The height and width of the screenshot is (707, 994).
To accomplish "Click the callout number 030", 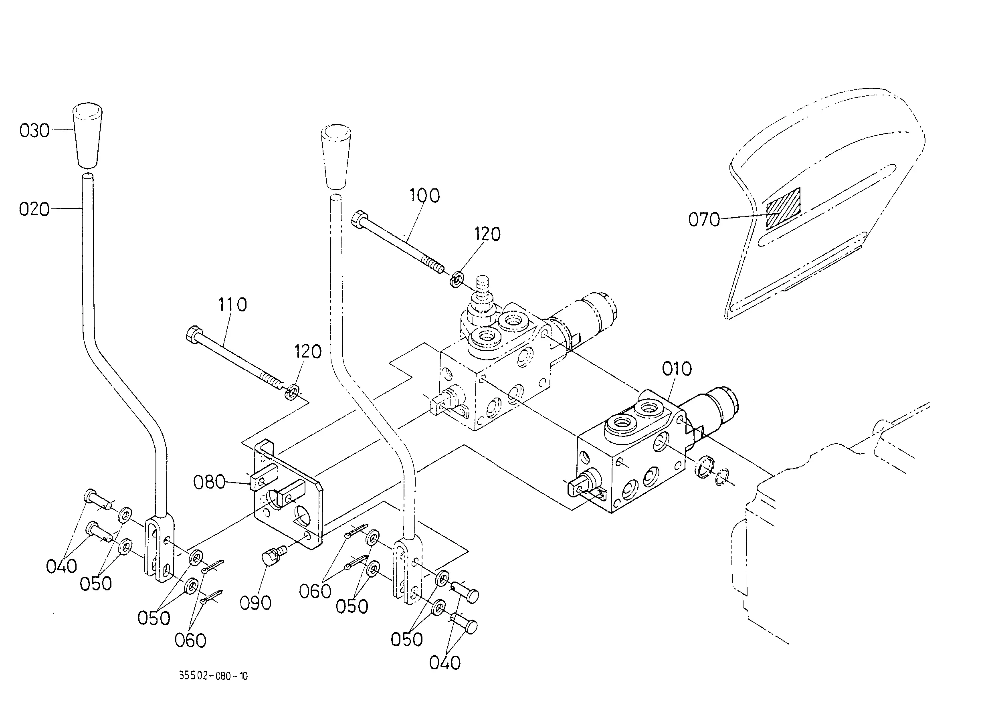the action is coord(34,131).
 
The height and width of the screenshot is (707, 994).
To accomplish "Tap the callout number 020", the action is coord(34,209).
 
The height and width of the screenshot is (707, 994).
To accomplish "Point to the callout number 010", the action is coord(677,369).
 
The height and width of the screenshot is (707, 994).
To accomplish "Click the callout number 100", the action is coord(424,196).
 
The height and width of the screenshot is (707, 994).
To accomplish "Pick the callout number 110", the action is coord(232,304).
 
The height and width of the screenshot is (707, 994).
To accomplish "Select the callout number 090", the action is coord(256,603).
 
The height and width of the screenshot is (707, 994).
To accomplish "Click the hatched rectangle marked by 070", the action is coord(783,209).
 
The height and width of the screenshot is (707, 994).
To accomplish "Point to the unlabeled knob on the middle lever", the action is coord(336,157).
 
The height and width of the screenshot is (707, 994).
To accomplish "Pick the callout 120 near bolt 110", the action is coord(308,351).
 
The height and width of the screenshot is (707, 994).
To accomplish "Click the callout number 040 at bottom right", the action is coord(444,663).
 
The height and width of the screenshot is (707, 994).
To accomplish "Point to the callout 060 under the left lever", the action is coord(190,640).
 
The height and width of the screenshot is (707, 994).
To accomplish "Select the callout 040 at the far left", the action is coord(61,566).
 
